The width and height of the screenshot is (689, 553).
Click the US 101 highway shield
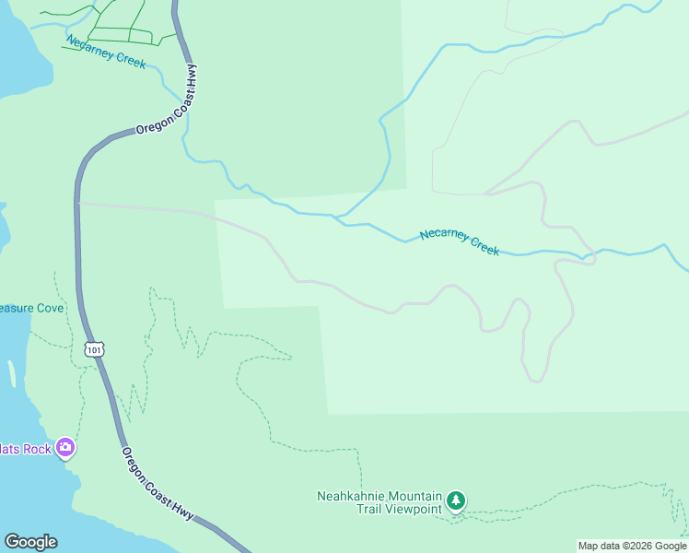94,349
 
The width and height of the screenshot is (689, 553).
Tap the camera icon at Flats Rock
65,449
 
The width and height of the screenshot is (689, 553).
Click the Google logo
30,542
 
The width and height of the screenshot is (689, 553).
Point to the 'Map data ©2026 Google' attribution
633,546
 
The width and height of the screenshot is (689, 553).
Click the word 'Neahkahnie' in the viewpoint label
353,495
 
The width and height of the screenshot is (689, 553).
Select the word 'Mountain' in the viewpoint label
416,495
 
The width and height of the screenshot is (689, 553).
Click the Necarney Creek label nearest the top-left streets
106,53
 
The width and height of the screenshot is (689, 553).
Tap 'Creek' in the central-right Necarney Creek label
485,244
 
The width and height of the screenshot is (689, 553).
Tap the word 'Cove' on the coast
49,308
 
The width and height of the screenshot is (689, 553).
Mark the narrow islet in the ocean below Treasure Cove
12,373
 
